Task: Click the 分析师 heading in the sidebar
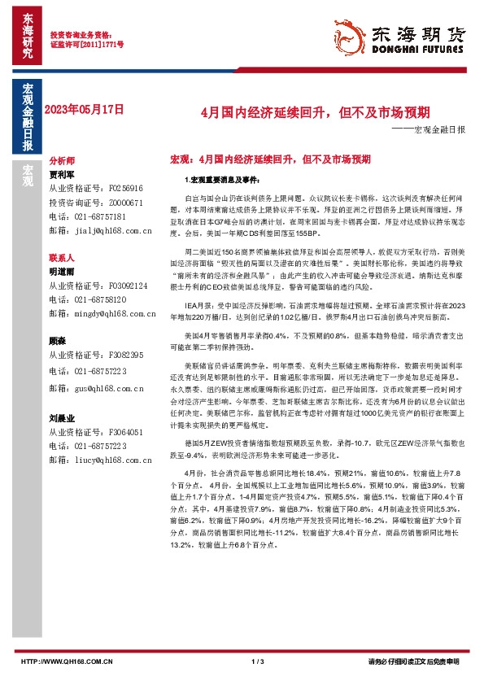click(62, 161)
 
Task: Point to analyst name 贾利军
click(62, 173)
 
